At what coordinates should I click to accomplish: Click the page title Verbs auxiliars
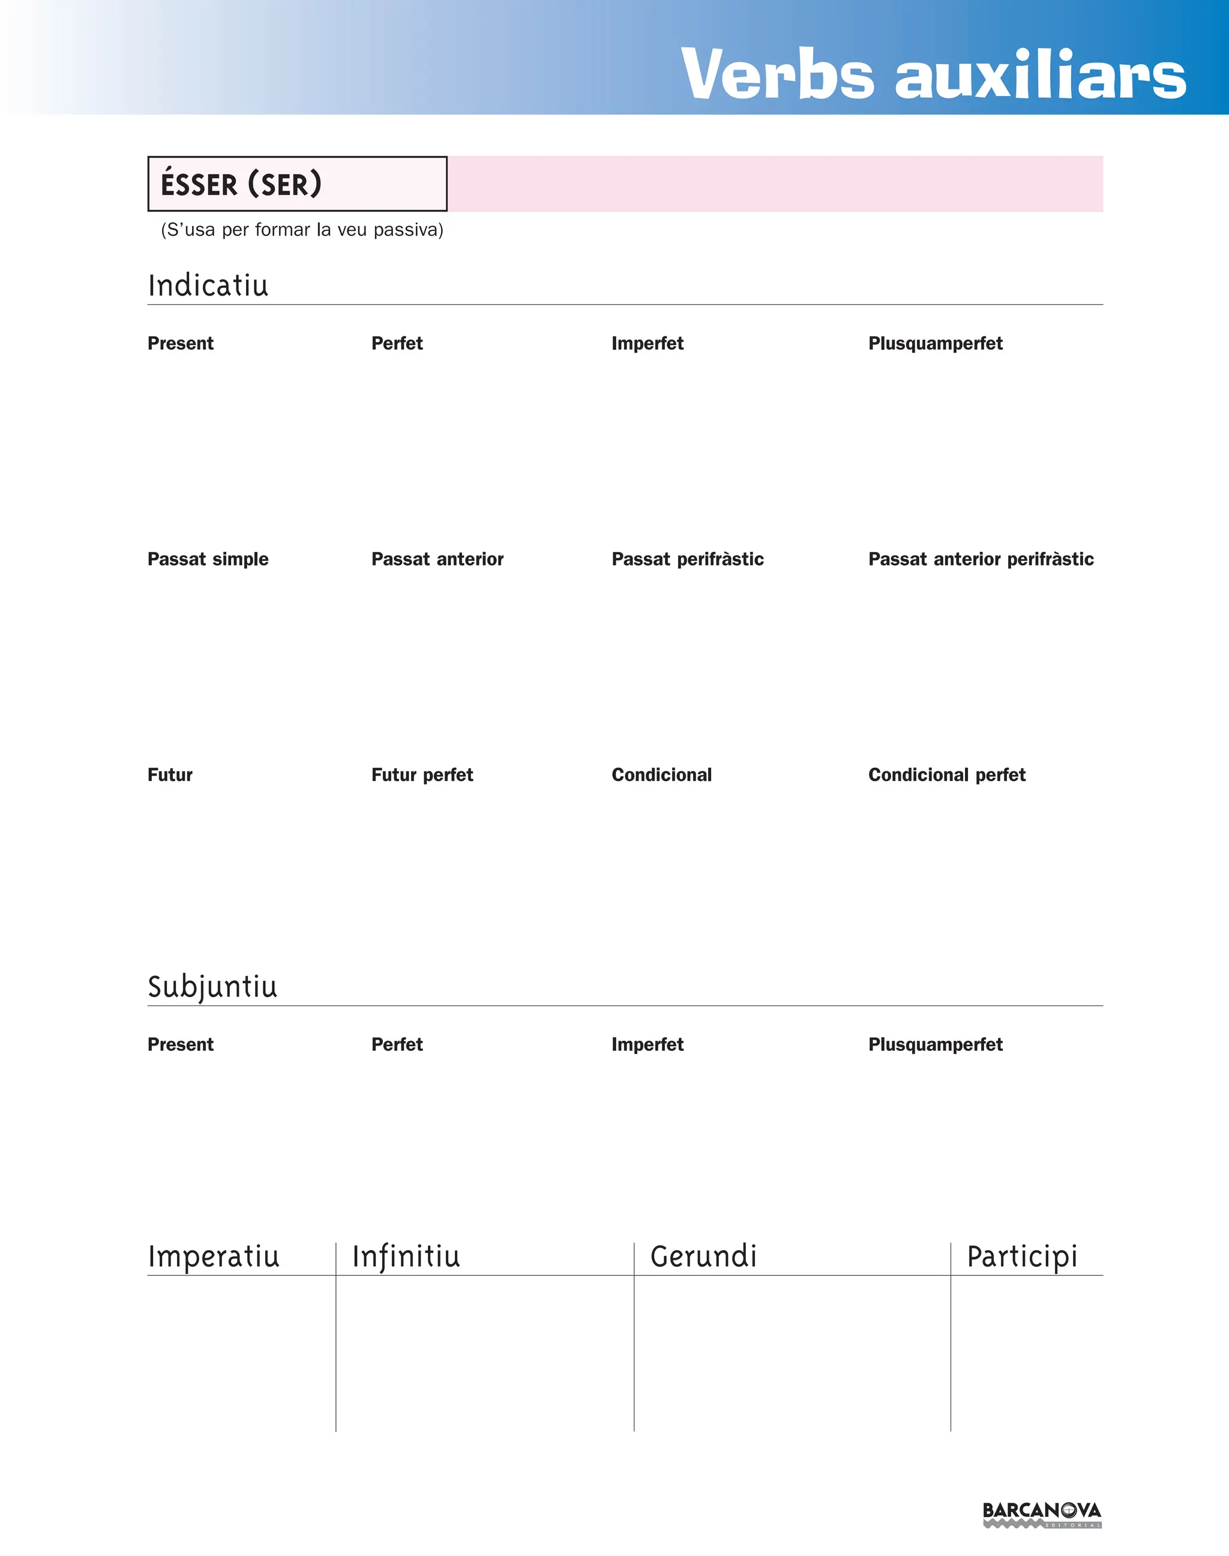pyautogui.click(x=933, y=74)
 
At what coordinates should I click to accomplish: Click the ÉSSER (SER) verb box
pyautogui.click(x=296, y=184)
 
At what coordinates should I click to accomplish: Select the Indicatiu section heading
pyautogui.click(x=208, y=286)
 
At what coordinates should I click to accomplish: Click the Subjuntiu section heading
pyautogui.click(x=212, y=986)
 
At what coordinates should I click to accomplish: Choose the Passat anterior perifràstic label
pyautogui.click(x=980, y=559)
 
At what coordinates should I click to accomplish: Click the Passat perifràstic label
pyautogui.click(x=687, y=559)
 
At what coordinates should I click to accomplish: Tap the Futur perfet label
pyautogui.click(x=422, y=775)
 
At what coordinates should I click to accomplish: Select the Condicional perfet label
pyautogui.click(x=946, y=775)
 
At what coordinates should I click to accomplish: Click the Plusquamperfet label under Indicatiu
pyautogui.click(x=935, y=343)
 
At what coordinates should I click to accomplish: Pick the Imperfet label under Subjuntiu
pyautogui.click(x=647, y=1044)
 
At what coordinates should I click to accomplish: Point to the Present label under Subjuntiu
pyautogui.click(x=180, y=1044)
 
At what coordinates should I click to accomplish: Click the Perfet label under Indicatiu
pyautogui.click(x=397, y=343)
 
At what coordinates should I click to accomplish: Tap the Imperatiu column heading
pyautogui.click(x=213, y=1257)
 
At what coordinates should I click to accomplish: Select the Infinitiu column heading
pyautogui.click(x=406, y=1257)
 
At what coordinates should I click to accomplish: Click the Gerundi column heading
pyautogui.click(x=703, y=1257)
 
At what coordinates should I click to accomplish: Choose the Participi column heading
pyautogui.click(x=1022, y=1257)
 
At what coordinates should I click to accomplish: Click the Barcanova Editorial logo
pyautogui.click(x=1041, y=1514)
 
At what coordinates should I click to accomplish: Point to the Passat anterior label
pyautogui.click(x=437, y=559)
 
